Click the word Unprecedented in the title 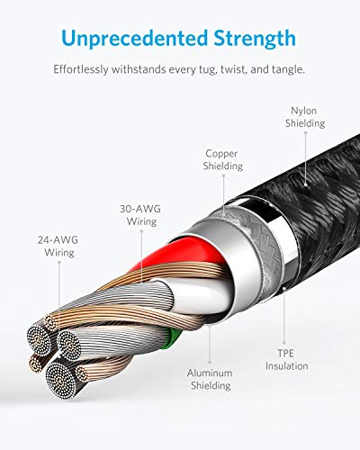135,38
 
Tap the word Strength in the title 255,39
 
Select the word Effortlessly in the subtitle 81,70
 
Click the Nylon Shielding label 305,117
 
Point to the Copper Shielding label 222,159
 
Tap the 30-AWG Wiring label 140,215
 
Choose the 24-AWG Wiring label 58,247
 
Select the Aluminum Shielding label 210,379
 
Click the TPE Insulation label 286,360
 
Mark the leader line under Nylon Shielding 306,158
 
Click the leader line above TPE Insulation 284,316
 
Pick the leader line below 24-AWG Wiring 59,285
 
